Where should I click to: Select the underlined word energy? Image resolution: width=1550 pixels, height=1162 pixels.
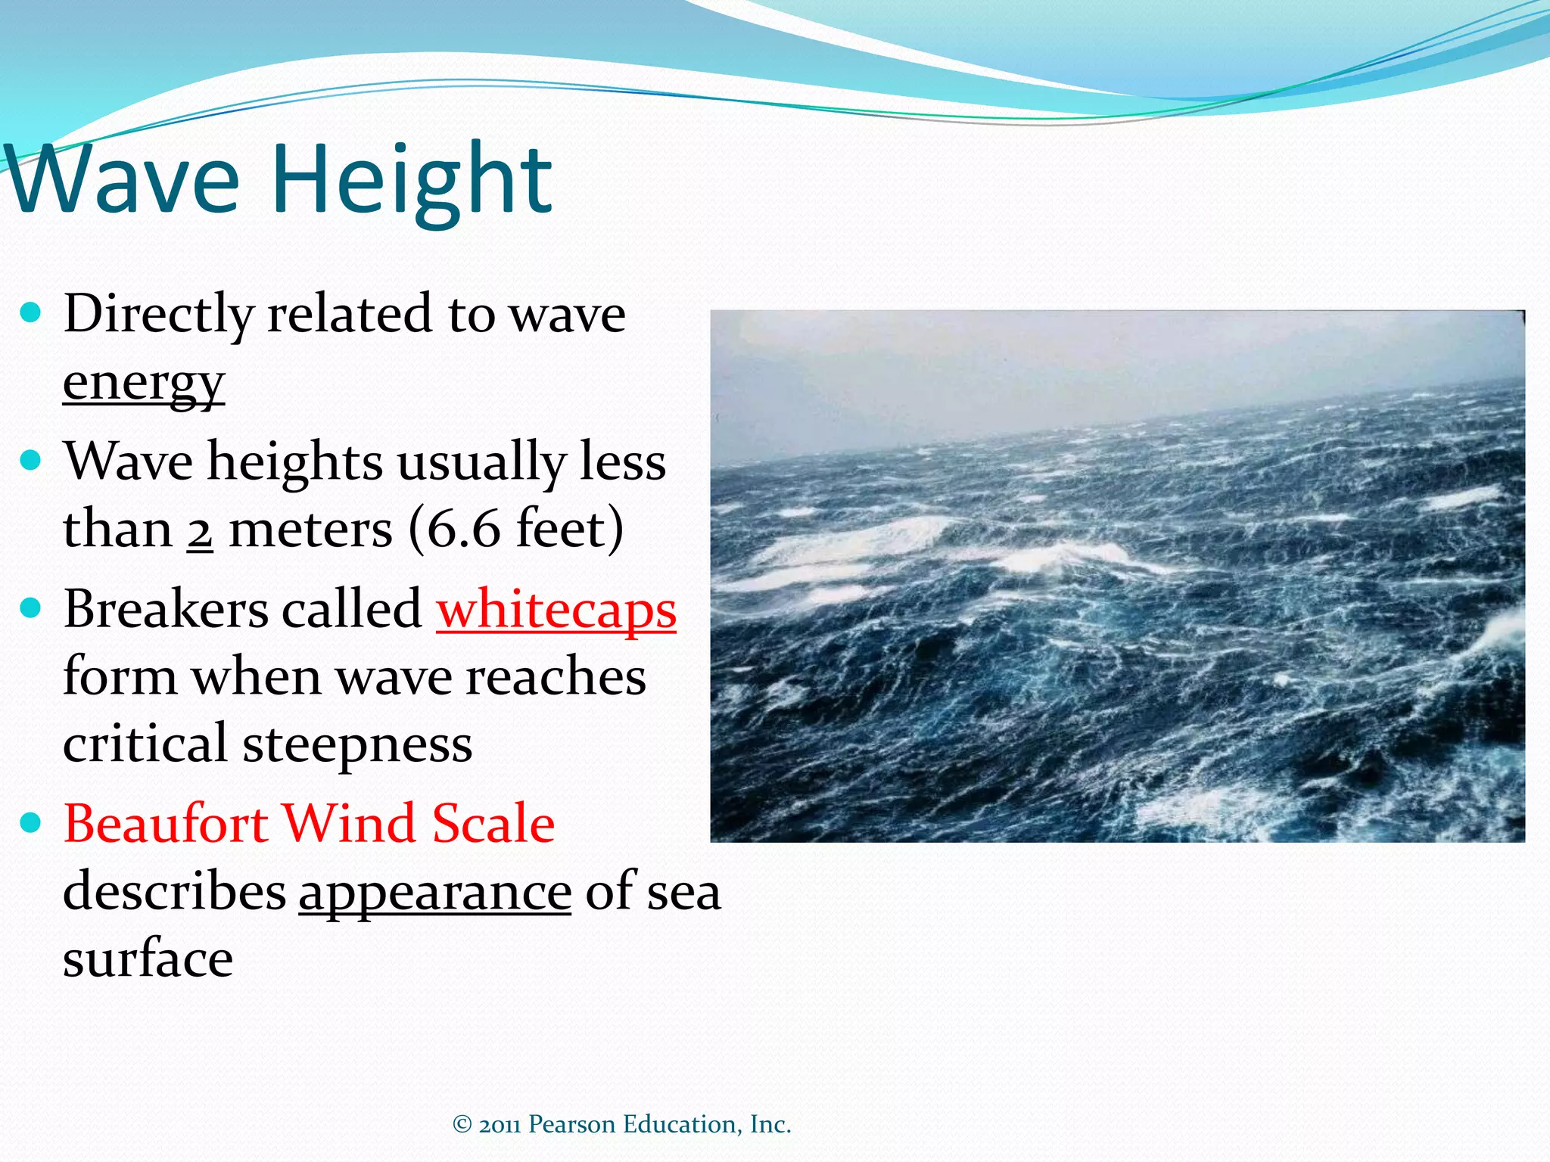(144, 383)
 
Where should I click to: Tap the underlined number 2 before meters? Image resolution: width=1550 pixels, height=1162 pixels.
(200, 530)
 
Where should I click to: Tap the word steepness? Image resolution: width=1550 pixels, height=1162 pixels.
(357, 744)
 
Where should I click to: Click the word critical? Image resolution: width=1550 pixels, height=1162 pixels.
(145, 744)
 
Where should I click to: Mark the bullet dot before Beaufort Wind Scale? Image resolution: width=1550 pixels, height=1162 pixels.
(30, 823)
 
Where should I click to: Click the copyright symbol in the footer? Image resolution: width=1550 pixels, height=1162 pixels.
(462, 1124)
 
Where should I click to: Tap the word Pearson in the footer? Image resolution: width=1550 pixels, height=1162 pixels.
(571, 1124)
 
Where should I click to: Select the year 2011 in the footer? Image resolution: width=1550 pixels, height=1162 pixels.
(500, 1124)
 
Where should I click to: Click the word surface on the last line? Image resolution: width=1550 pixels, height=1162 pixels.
(148, 959)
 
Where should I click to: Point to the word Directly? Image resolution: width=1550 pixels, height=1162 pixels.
(158, 315)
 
